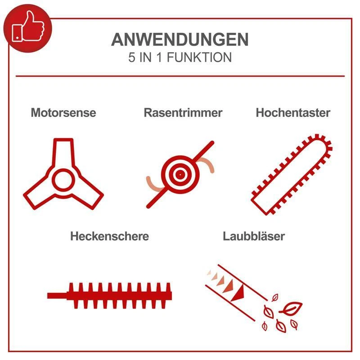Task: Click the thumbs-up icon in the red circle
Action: pyautogui.click(x=27, y=27)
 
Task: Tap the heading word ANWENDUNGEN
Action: pyautogui.click(x=180, y=40)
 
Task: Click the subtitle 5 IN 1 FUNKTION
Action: pyautogui.click(x=180, y=58)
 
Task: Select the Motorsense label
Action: pyautogui.click(x=63, y=112)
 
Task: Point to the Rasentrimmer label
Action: pyautogui.click(x=183, y=112)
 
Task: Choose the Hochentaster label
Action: pyautogui.click(x=293, y=112)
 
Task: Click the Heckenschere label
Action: pyautogui.click(x=109, y=236)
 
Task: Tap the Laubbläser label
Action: pyautogui.click(x=254, y=236)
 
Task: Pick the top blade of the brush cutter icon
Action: pyautogui.click(x=63, y=151)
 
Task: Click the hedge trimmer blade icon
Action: pyautogui.click(x=120, y=295)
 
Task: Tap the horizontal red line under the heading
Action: pyautogui.click(x=180, y=76)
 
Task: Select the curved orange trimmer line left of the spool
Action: pyautogui.click(x=152, y=183)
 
